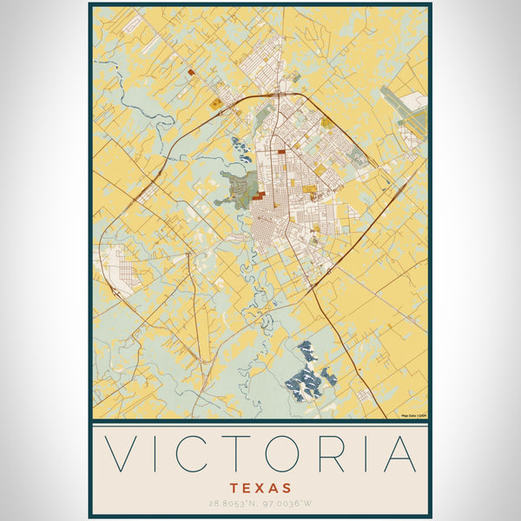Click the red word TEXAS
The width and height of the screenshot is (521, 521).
tap(260, 488)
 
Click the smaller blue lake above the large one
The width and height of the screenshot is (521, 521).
tap(307, 351)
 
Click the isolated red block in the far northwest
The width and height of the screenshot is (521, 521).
tap(190, 74)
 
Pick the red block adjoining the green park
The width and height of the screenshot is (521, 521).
tap(259, 197)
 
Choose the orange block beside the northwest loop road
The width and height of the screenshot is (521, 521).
tap(215, 104)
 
